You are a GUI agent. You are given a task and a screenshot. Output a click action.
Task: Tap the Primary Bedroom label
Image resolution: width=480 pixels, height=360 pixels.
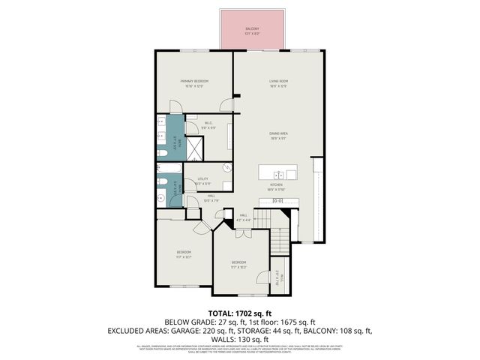click(x=193, y=82)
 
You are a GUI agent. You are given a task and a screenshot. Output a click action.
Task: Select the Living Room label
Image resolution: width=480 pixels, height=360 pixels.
click(x=279, y=82)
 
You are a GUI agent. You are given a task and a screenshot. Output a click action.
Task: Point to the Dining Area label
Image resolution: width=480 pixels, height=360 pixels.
click(x=279, y=136)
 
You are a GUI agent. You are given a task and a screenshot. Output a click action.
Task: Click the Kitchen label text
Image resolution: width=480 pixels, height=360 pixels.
click(x=276, y=185)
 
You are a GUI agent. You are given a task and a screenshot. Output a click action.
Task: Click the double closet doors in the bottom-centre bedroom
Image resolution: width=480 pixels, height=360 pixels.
click(x=261, y=277)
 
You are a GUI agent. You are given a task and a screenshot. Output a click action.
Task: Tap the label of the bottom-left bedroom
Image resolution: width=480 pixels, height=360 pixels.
click(x=184, y=253)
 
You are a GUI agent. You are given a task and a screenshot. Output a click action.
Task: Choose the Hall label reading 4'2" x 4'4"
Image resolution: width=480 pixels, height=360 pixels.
click(x=244, y=217)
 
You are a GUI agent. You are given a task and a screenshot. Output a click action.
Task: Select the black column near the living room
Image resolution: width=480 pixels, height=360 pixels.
click(x=236, y=95)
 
